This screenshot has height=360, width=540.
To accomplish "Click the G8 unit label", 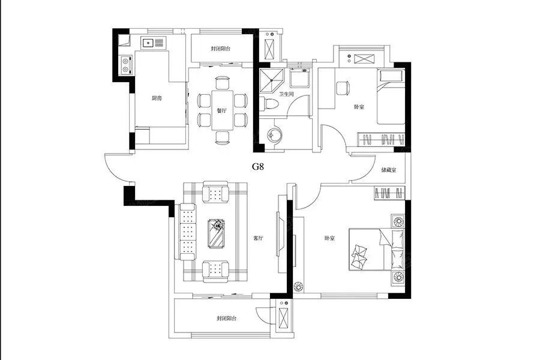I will [x=258, y=167].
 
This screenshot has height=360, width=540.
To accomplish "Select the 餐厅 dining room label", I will [x=220, y=110].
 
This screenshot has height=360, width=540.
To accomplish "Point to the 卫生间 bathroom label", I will [x=286, y=94].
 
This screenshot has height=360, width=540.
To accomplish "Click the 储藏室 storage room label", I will [x=389, y=170].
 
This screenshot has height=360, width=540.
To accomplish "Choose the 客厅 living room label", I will [x=259, y=238].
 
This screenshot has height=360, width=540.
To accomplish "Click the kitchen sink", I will [x=148, y=42].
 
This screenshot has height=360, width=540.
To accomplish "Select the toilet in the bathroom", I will [x=270, y=103].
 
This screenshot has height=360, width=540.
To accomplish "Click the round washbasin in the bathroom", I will [x=274, y=133].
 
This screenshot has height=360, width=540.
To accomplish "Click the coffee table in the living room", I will [x=216, y=233].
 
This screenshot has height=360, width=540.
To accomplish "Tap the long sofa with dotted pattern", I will [x=187, y=231].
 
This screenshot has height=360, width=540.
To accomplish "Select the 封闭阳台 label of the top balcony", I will [x=221, y=49].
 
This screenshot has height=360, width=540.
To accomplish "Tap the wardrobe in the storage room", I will [x=390, y=193].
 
